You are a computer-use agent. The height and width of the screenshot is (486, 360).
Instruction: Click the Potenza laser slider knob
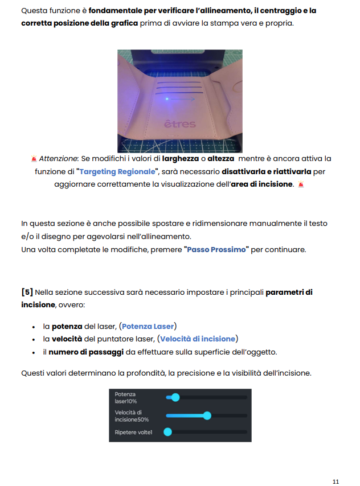click(x=175, y=397)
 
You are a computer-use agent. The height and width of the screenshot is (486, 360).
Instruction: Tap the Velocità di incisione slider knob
click(x=207, y=415)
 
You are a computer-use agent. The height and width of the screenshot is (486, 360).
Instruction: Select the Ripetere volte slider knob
click(x=168, y=433)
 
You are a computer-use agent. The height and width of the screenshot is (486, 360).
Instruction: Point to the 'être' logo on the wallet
click(x=179, y=123)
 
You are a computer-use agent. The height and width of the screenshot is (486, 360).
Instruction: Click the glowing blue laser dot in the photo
click(x=166, y=99)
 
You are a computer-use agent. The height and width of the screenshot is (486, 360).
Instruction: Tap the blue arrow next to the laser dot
click(x=185, y=99)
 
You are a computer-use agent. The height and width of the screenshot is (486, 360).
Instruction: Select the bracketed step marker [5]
click(x=27, y=293)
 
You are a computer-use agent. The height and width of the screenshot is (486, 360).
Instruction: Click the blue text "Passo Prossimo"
click(x=217, y=249)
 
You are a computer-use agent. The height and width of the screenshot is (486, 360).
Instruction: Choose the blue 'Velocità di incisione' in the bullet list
click(x=198, y=339)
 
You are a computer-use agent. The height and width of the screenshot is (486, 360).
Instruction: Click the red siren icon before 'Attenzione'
click(x=34, y=158)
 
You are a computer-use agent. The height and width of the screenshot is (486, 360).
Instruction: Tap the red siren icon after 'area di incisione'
click(x=301, y=184)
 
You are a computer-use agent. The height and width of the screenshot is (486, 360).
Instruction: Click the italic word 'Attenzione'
click(x=57, y=158)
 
